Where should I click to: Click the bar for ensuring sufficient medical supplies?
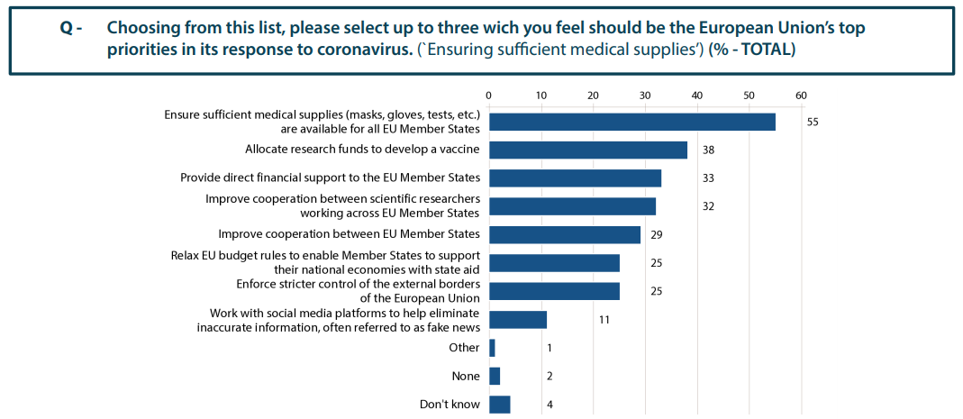[632, 122]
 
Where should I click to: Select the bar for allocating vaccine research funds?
[587, 150]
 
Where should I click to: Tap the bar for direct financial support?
[575, 178]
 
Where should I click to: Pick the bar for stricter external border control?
[554, 291]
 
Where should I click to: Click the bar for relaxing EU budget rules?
[554, 263]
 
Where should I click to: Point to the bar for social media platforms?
[518, 320]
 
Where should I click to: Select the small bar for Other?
[492, 348]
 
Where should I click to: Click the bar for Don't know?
[499, 405]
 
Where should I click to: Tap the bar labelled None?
[495, 376]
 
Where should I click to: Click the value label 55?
[813, 122]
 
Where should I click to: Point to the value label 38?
[709, 150]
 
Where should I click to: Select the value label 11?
[604, 320]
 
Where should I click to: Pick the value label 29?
[656, 234]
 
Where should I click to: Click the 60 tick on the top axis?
[800, 96]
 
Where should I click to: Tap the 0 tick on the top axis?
[488, 96]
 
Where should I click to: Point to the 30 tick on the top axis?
[644, 96]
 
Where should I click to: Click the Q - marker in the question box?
[71, 28]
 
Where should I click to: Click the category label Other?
[464, 348]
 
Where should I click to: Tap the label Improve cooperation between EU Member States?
[349, 234]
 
